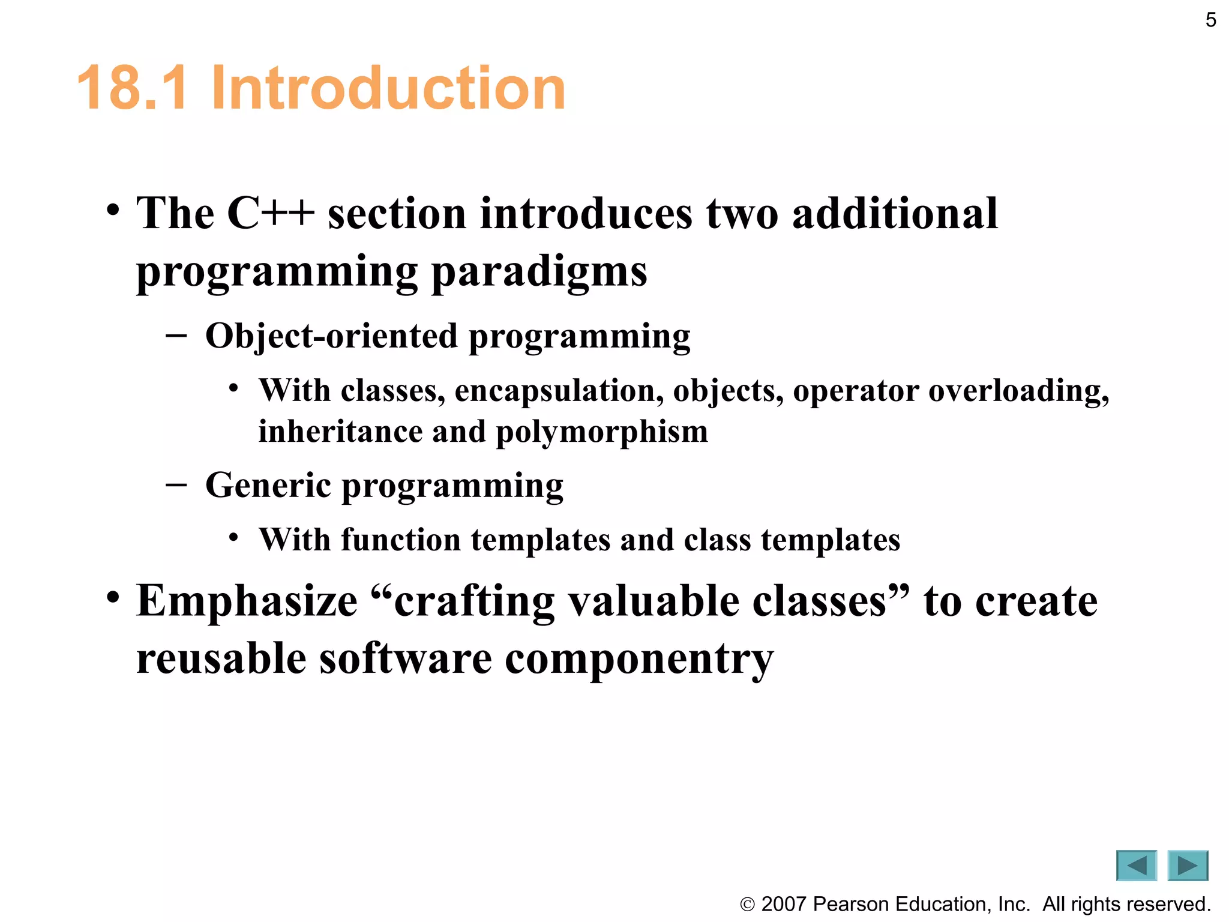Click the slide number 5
point(1210,20)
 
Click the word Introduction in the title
point(388,88)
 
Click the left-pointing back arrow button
point(1136,866)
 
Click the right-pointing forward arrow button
point(1187,866)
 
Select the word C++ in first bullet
point(271,213)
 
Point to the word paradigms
point(539,272)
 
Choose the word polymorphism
point(602,432)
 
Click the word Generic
point(268,485)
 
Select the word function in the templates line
point(401,540)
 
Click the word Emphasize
point(247,601)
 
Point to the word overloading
point(1018,391)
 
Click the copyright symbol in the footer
point(747,905)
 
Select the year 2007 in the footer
point(783,904)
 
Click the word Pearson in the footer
point(849,904)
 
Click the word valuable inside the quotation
point(654,601)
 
